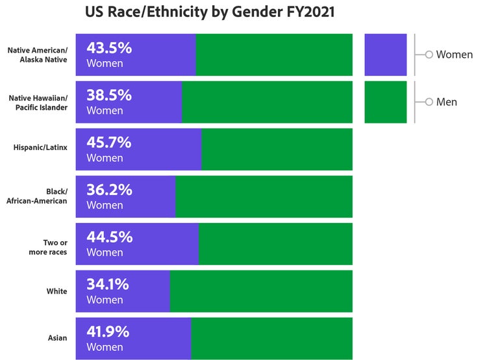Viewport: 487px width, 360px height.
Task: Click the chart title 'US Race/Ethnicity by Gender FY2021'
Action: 210,12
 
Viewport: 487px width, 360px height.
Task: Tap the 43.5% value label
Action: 109,48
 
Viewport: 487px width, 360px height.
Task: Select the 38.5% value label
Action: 109,95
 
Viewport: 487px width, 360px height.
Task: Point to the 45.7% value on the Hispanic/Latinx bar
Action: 109,142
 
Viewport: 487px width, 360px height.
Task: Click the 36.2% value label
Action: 109,190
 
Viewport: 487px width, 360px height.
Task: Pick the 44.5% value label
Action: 109,237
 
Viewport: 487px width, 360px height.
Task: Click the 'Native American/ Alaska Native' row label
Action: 38,55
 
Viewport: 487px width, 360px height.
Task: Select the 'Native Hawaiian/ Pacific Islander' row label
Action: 38,103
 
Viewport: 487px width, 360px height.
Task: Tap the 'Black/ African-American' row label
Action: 37,196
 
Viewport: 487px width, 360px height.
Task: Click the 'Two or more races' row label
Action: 48,247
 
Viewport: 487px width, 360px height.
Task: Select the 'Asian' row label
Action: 57,338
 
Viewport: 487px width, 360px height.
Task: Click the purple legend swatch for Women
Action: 386,55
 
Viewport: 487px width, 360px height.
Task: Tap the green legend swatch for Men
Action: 386,102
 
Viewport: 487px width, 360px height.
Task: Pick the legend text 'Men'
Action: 446,102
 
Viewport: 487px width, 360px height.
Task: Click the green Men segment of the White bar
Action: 261,291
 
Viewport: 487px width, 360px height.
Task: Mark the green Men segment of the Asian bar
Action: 272,339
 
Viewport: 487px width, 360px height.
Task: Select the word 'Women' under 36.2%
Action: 105,205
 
